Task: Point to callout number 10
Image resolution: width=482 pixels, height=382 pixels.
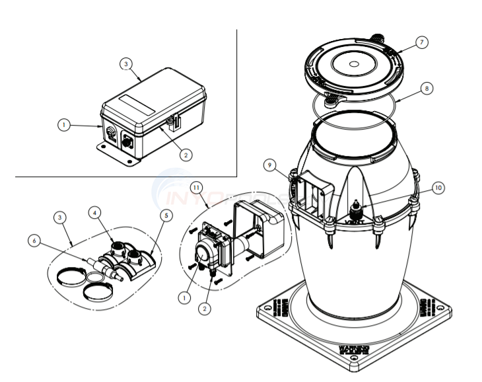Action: (x=438, y=187)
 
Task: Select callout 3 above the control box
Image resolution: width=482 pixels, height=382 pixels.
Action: (x=126, y=64)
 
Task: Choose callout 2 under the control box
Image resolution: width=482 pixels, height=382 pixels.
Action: (x=186, y=155)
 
